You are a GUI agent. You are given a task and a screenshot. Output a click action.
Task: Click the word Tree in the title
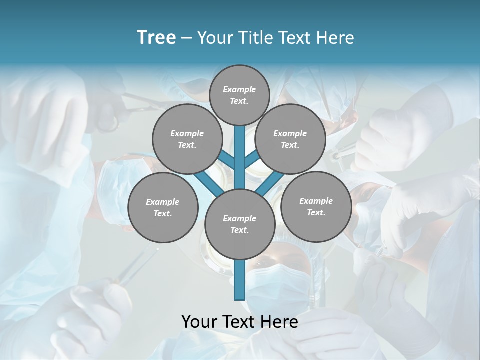pos(156,38)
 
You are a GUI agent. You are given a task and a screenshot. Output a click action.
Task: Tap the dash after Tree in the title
pos(186,38)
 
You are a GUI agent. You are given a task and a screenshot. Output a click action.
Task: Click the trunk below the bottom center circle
pos(239,280)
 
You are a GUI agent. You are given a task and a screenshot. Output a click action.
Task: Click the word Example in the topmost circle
pos(239,89)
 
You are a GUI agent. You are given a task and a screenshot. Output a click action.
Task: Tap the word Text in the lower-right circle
pos(316,212)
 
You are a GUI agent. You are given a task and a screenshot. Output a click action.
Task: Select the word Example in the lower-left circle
pos(162,202)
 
